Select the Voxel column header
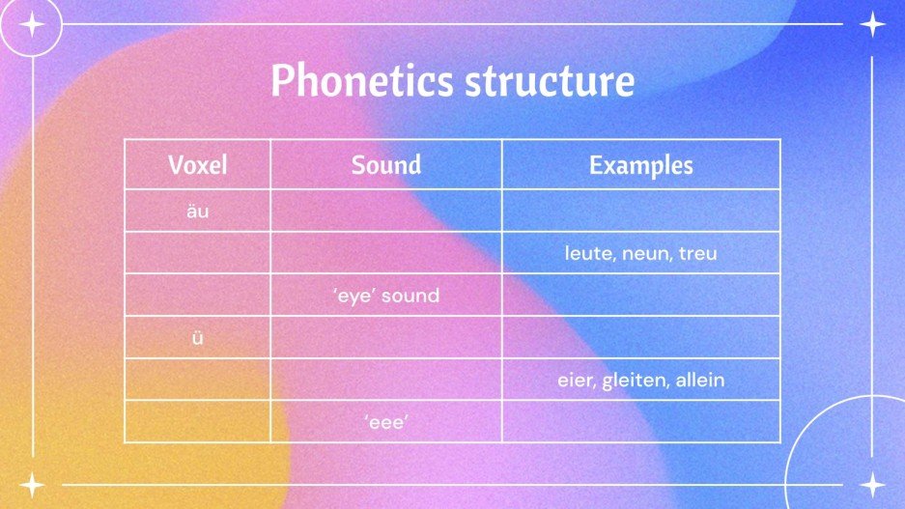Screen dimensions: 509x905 pos(197,164)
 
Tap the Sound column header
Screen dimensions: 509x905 pos(386,164)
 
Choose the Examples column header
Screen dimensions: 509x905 pos(641,164)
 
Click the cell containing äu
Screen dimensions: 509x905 pos(197,211)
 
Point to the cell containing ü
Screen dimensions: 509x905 pos(197,337)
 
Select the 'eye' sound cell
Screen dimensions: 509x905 pos(386,296)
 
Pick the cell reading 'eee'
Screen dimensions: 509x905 pos(386,422)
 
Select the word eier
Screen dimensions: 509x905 pos(577,381)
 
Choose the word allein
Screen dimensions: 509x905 pos(700,381)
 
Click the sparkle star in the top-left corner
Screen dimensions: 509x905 pos(32,24)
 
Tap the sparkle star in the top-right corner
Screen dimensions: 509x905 pos(872,24)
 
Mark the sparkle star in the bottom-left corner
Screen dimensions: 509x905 pos(32,485)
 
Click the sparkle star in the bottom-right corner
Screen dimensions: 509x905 pos(872,485)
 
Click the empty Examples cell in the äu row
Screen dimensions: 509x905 pos(641,211)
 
